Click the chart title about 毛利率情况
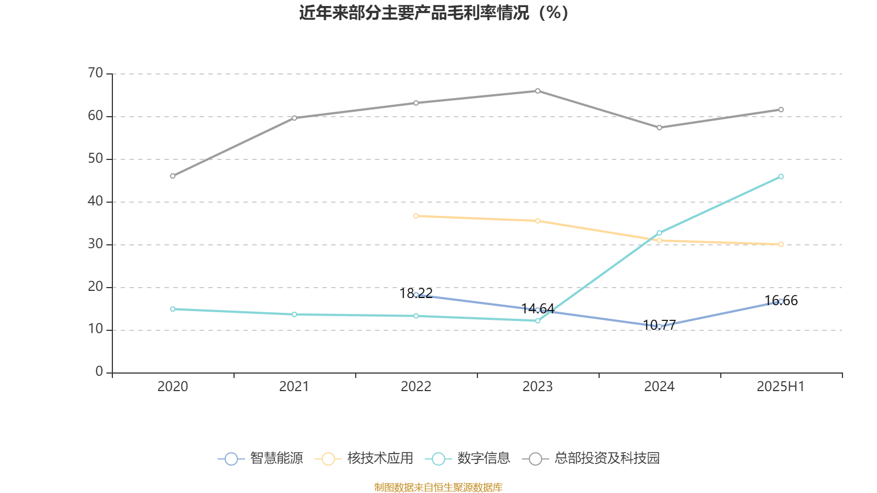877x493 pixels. click(434, 13)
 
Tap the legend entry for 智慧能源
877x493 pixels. click(261, 458)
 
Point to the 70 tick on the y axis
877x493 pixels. click(95, 73)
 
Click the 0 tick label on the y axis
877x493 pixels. click(99, 372)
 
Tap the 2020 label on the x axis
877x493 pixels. click(173, 387)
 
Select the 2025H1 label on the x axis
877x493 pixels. click(781, 387)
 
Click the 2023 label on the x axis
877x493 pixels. click(538, 387)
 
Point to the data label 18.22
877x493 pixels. click(416, 294)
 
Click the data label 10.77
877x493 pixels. click(659, 325)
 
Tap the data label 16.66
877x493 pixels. click(781, 300)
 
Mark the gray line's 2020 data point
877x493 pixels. click(173, 176)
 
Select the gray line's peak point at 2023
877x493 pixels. click(538, 91)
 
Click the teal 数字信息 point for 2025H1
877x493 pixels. click(781, 176)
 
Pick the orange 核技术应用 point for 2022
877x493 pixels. click(416, 216)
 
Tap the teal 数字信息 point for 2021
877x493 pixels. click(294, 314)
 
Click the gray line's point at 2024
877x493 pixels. click(659, 128)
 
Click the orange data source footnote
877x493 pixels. click(438, 487)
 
